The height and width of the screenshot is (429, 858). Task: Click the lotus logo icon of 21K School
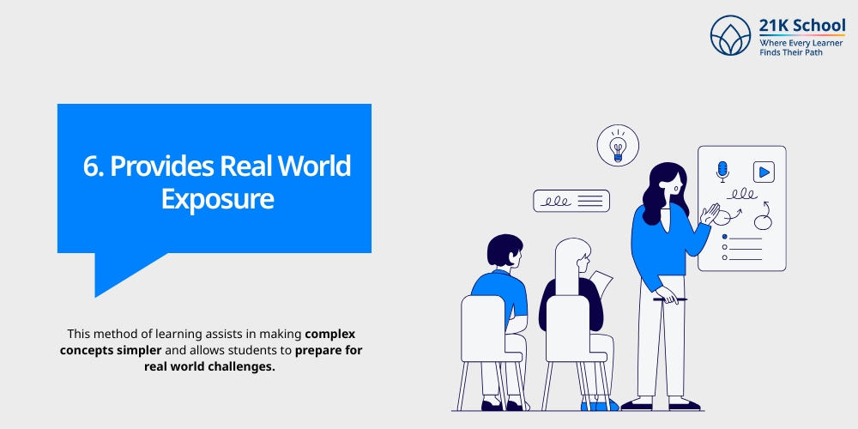coord(731,35)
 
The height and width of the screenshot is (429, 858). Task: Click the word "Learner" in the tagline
coord(823,42)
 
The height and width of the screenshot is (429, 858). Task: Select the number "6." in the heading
coord(93,166)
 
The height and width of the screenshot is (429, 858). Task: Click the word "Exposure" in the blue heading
coord(218,199)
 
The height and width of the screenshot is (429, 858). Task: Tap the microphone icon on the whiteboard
coord(722,171)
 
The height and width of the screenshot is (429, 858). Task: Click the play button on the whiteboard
coord(763,172)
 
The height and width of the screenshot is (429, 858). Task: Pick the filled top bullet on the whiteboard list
coord(725,237)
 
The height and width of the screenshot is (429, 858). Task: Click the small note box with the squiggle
coord(571,201)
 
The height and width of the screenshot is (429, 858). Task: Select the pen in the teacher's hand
coord(670,299)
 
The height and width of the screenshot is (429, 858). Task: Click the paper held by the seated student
coord(601,284)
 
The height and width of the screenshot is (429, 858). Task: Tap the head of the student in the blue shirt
coord(504,251)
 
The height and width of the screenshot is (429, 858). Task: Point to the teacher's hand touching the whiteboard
coord(710,214)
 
